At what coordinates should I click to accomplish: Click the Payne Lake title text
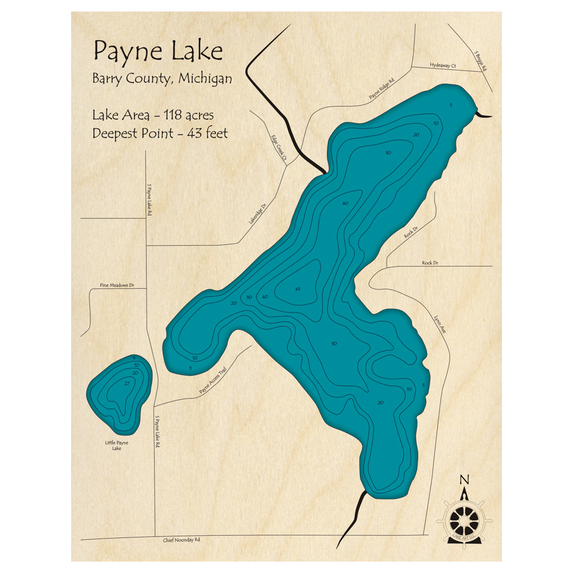158,52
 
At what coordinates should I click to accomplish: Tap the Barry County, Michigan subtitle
162,79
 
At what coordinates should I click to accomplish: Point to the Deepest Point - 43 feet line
160,134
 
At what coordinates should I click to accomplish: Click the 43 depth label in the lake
297,289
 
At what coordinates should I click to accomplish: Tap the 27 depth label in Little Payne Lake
127,383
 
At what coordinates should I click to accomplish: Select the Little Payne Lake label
117,446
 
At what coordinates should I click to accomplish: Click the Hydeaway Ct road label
442,66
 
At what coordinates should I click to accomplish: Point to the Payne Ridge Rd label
382,89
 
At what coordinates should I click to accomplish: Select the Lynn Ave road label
437,318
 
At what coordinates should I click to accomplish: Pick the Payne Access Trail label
213,381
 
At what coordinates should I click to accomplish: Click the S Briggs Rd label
480,62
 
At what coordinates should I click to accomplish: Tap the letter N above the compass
465,480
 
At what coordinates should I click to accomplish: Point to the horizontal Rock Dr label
430,263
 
